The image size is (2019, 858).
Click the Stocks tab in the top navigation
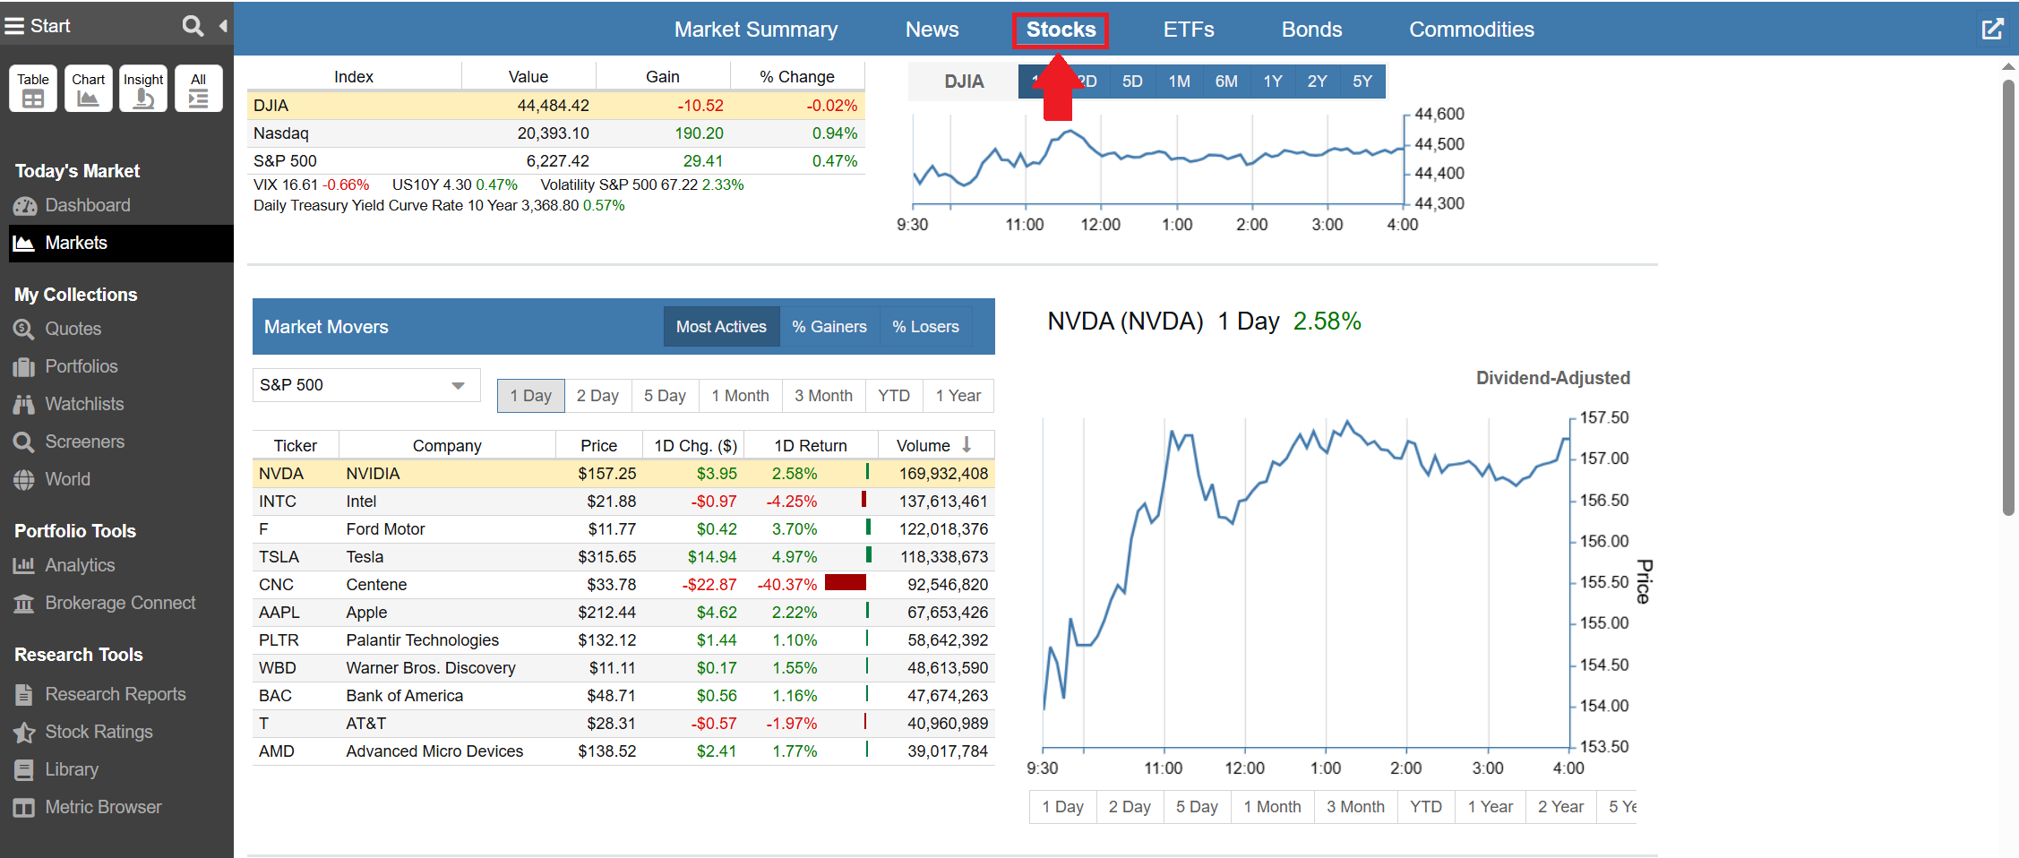[x=1061, y=30]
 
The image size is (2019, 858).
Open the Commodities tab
[x=1471, y=30]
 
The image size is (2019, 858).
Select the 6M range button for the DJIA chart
[x=1225, y=82]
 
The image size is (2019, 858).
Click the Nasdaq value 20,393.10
[x=553, y=133]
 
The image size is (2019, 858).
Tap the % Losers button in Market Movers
[x=925, y=327]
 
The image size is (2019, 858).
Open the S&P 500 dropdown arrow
[x=458, y=386]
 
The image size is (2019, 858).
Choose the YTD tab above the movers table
[x=893, y=396]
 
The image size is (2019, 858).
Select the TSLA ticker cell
[x=279, y=557]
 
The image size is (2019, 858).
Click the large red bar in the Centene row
[x=845, y=583]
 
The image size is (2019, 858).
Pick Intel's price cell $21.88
[x=611, y=502]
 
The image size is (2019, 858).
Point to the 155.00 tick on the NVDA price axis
[x=1603, y=622]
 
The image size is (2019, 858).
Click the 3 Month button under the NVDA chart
[x=1354, y=807]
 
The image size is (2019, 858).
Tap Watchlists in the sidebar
[x=84, y=404]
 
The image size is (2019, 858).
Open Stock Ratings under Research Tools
[x=99, y=732]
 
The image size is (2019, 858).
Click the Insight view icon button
[x=143, y=89]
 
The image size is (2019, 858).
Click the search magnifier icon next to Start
[x=193, y=26]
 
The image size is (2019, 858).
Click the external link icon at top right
[x=1992, y=30]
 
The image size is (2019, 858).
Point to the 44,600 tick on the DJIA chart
[x=1439, y=115]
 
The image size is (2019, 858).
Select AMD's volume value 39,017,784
[x=947, y=751]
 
